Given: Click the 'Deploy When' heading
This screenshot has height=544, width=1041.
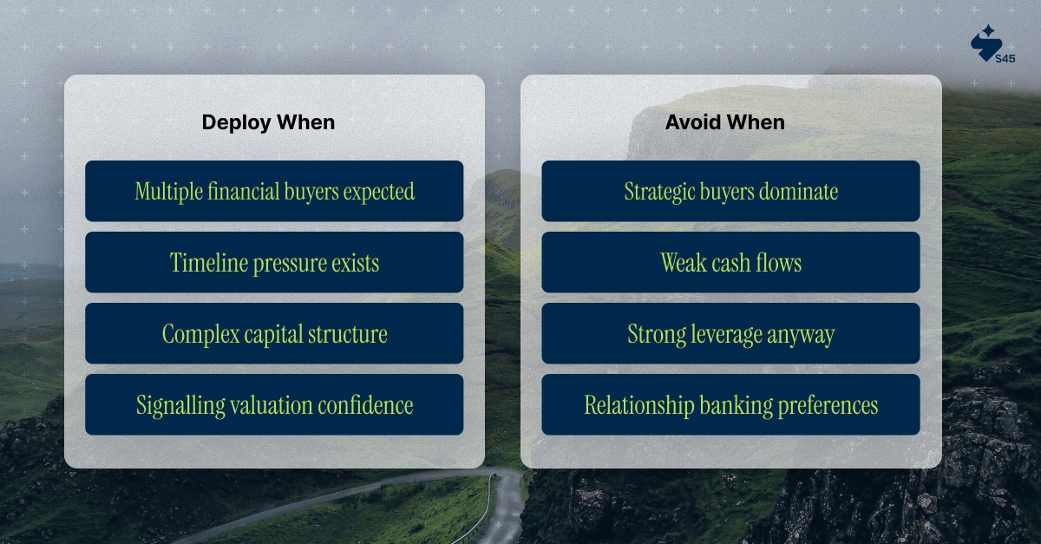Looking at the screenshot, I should tap(268, 122).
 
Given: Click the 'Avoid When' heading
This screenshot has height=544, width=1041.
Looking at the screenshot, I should tap(724, 122).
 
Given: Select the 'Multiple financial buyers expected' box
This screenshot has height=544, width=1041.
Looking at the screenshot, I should tap(274, 191).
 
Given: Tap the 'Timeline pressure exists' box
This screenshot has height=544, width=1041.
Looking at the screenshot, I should tap(274, 262).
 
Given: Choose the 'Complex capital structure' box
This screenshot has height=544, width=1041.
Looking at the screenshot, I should tap(274, 333).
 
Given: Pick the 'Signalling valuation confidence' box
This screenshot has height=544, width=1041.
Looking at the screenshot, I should tap(274, 404).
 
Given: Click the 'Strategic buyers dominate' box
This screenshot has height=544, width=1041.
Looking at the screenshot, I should tap(730, 191).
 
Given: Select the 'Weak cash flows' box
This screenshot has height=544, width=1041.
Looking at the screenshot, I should tap(730, 262).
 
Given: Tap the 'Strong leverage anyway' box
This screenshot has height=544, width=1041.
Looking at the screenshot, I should tap(730, 333).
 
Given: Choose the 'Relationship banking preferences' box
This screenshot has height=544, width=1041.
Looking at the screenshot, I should tap(730, 404).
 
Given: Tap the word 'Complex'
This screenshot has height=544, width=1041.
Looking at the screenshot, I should tap(198, 333).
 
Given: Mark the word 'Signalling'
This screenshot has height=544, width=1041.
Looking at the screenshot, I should tap(173, 404).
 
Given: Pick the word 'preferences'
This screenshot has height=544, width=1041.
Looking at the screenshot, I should tap(829, 405).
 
